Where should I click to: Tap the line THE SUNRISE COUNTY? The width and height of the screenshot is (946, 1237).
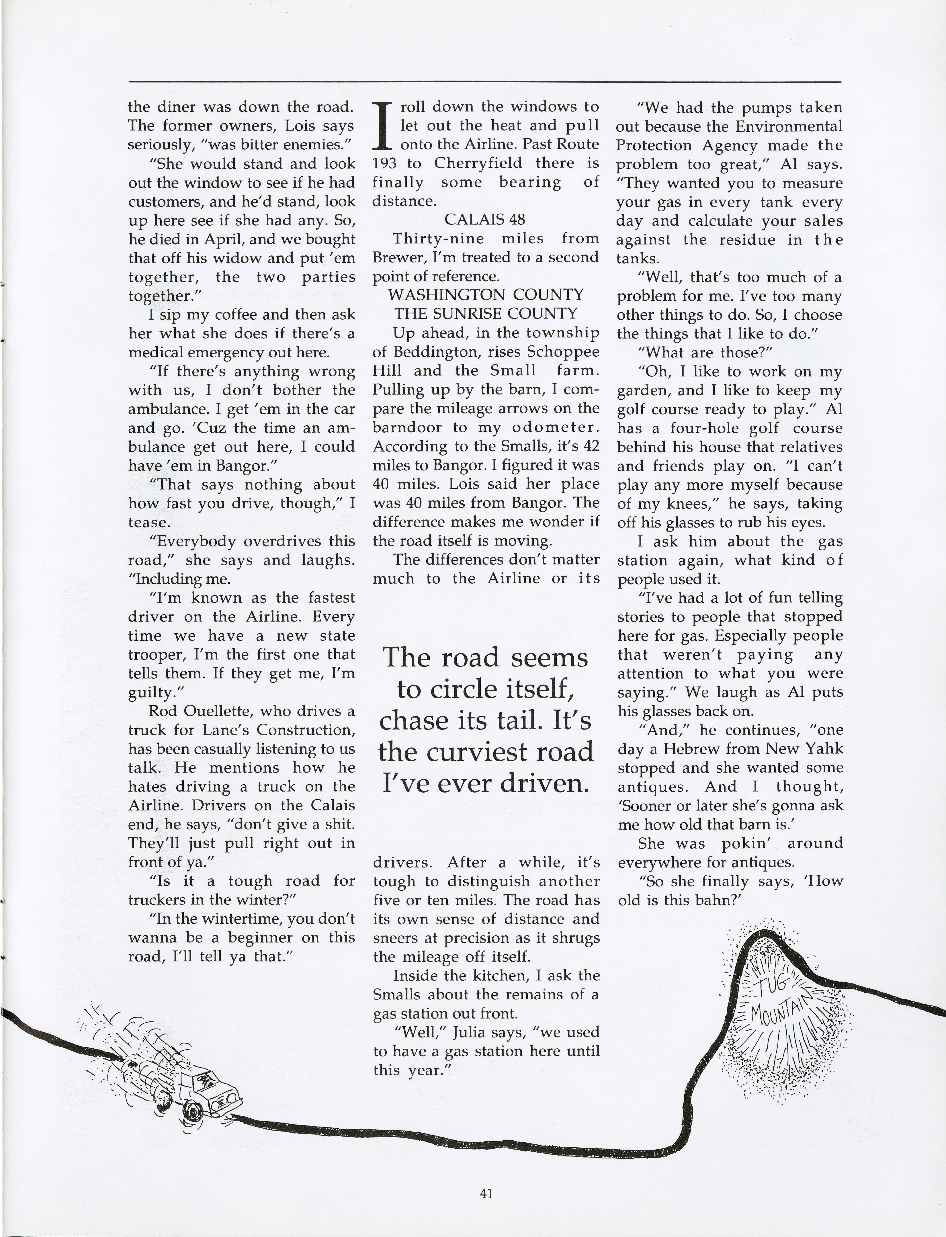coord(485,314)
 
